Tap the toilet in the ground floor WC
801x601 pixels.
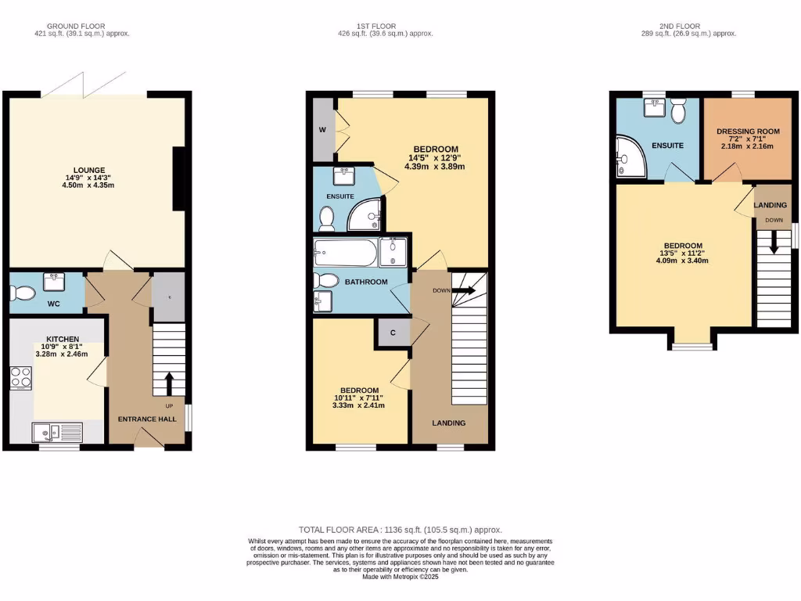22,293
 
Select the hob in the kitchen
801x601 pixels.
20,378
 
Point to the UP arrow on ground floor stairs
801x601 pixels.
169,383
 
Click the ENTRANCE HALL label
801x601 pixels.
147,419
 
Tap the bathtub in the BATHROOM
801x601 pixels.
345,253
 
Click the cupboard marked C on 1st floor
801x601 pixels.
393,333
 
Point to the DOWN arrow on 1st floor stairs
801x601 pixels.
462,290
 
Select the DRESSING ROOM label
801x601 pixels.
749,131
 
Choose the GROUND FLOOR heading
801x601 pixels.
81,26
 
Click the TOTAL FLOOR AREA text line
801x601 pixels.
400,530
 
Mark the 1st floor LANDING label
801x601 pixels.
449,423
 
